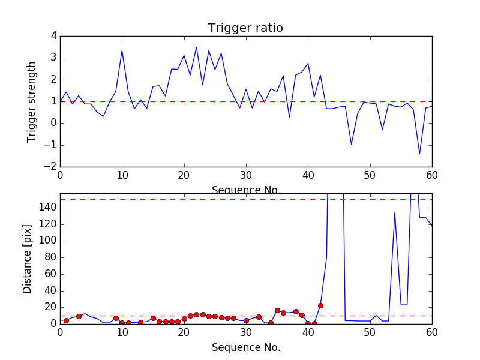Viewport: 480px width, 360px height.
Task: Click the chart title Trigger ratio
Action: (245, 28)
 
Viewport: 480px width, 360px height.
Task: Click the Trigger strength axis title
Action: (32, 101)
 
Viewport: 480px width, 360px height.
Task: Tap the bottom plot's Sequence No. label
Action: (245, 347)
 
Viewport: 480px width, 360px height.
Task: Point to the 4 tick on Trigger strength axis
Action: (53, 36)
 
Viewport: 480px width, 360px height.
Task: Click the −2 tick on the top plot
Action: (51, 167)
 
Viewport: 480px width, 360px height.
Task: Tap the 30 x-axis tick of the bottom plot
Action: (245, 332)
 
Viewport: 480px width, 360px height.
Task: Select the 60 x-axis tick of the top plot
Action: (431, 175)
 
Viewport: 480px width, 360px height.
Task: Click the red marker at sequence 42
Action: (320, 305)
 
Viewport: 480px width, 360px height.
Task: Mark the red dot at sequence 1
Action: (66, 320)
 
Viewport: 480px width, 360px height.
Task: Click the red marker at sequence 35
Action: (277, 310)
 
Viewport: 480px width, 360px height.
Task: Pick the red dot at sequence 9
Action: (116, 318)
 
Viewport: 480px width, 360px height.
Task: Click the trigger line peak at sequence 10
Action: (122, 50)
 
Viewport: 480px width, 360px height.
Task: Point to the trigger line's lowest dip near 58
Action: (419, 154)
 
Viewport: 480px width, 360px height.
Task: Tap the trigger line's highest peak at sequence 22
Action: (196, 47)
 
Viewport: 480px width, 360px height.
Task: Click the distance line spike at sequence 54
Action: (395, 212)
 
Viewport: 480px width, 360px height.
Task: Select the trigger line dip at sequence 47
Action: (352, 144)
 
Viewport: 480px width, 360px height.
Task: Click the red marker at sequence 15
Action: (153, 318)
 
